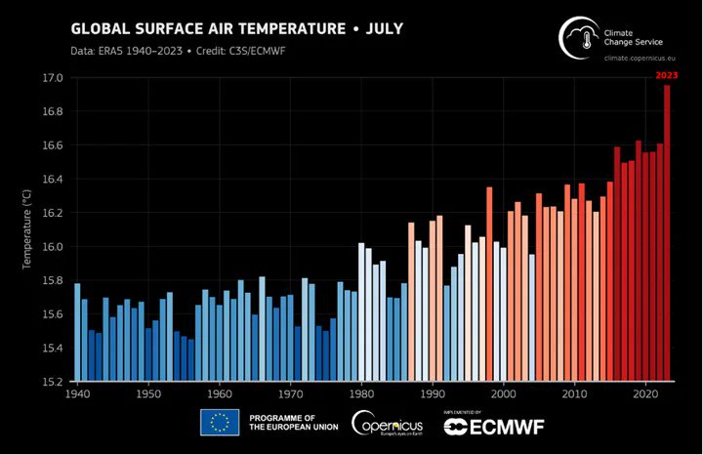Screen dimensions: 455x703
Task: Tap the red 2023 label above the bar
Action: (x=667, y=75)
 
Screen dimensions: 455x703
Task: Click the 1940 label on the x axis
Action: (x=77, y=394)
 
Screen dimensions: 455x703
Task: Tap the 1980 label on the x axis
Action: (x=361, y=394)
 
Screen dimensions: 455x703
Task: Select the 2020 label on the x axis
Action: (x=644, y=394)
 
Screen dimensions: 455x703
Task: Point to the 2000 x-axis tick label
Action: (x=503, y=394)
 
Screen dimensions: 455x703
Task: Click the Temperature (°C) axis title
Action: (x=28, y=230)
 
